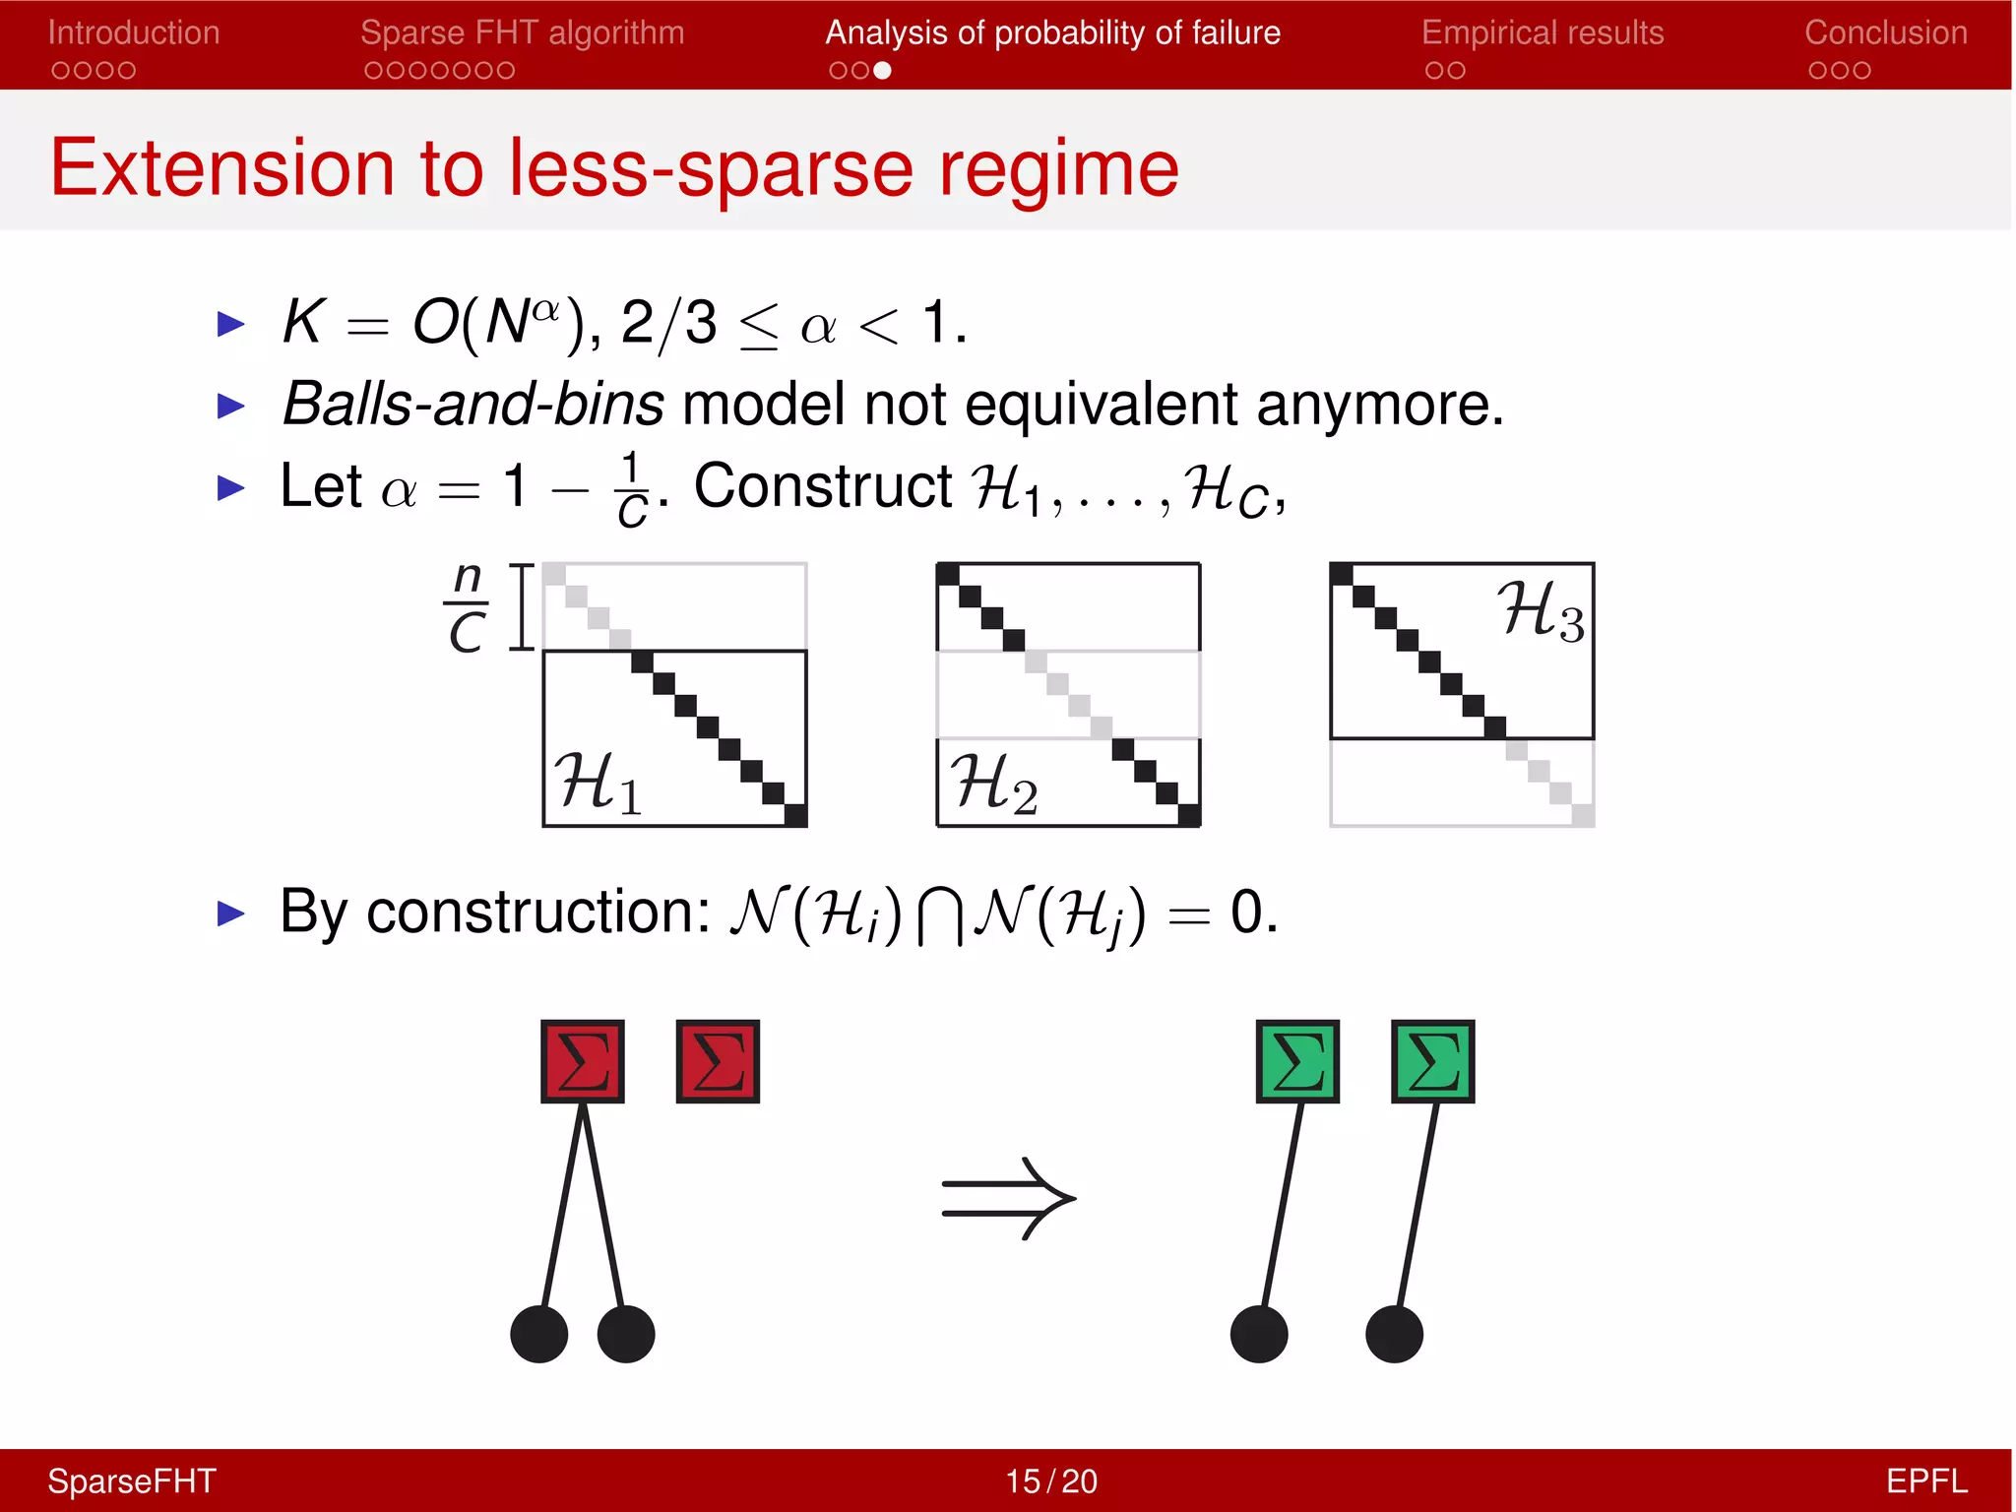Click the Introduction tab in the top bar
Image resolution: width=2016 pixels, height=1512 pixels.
click(x=134, y=32)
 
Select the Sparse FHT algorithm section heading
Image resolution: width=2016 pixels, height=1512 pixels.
click(x=522, y=32)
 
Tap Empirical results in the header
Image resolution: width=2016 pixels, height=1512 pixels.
click(x=1543, y=32)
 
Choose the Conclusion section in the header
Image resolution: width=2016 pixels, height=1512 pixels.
click(x=1885, y=32)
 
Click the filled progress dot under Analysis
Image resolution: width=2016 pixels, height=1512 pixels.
click(x=883, y=70)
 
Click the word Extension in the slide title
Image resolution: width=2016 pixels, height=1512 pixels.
click(x=222, y=168)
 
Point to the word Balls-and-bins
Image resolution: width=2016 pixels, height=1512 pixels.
click(x=473, y=404)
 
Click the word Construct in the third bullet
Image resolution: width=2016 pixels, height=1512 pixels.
click(x=823, y=486)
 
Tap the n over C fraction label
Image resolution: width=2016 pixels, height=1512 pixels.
click(x=467, y=606)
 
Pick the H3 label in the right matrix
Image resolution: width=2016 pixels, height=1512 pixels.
click(x=1541, y=610)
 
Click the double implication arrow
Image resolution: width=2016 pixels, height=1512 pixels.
click(x=1008, y=1198)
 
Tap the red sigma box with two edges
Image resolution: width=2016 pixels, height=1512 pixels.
click(x=583, y=1061)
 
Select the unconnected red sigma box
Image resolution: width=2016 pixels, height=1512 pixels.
click(x=718, y=1061)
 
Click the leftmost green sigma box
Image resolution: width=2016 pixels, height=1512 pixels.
click(x=1297, y=1061)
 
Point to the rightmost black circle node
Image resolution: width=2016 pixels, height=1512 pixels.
click(x=1394, y=1334)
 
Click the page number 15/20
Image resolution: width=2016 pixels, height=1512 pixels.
click(x=1050, y=1480)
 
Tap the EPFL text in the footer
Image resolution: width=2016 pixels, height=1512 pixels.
click(x=1925, y=1480)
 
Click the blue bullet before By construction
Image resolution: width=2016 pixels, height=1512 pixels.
click(x=230, y=913)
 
